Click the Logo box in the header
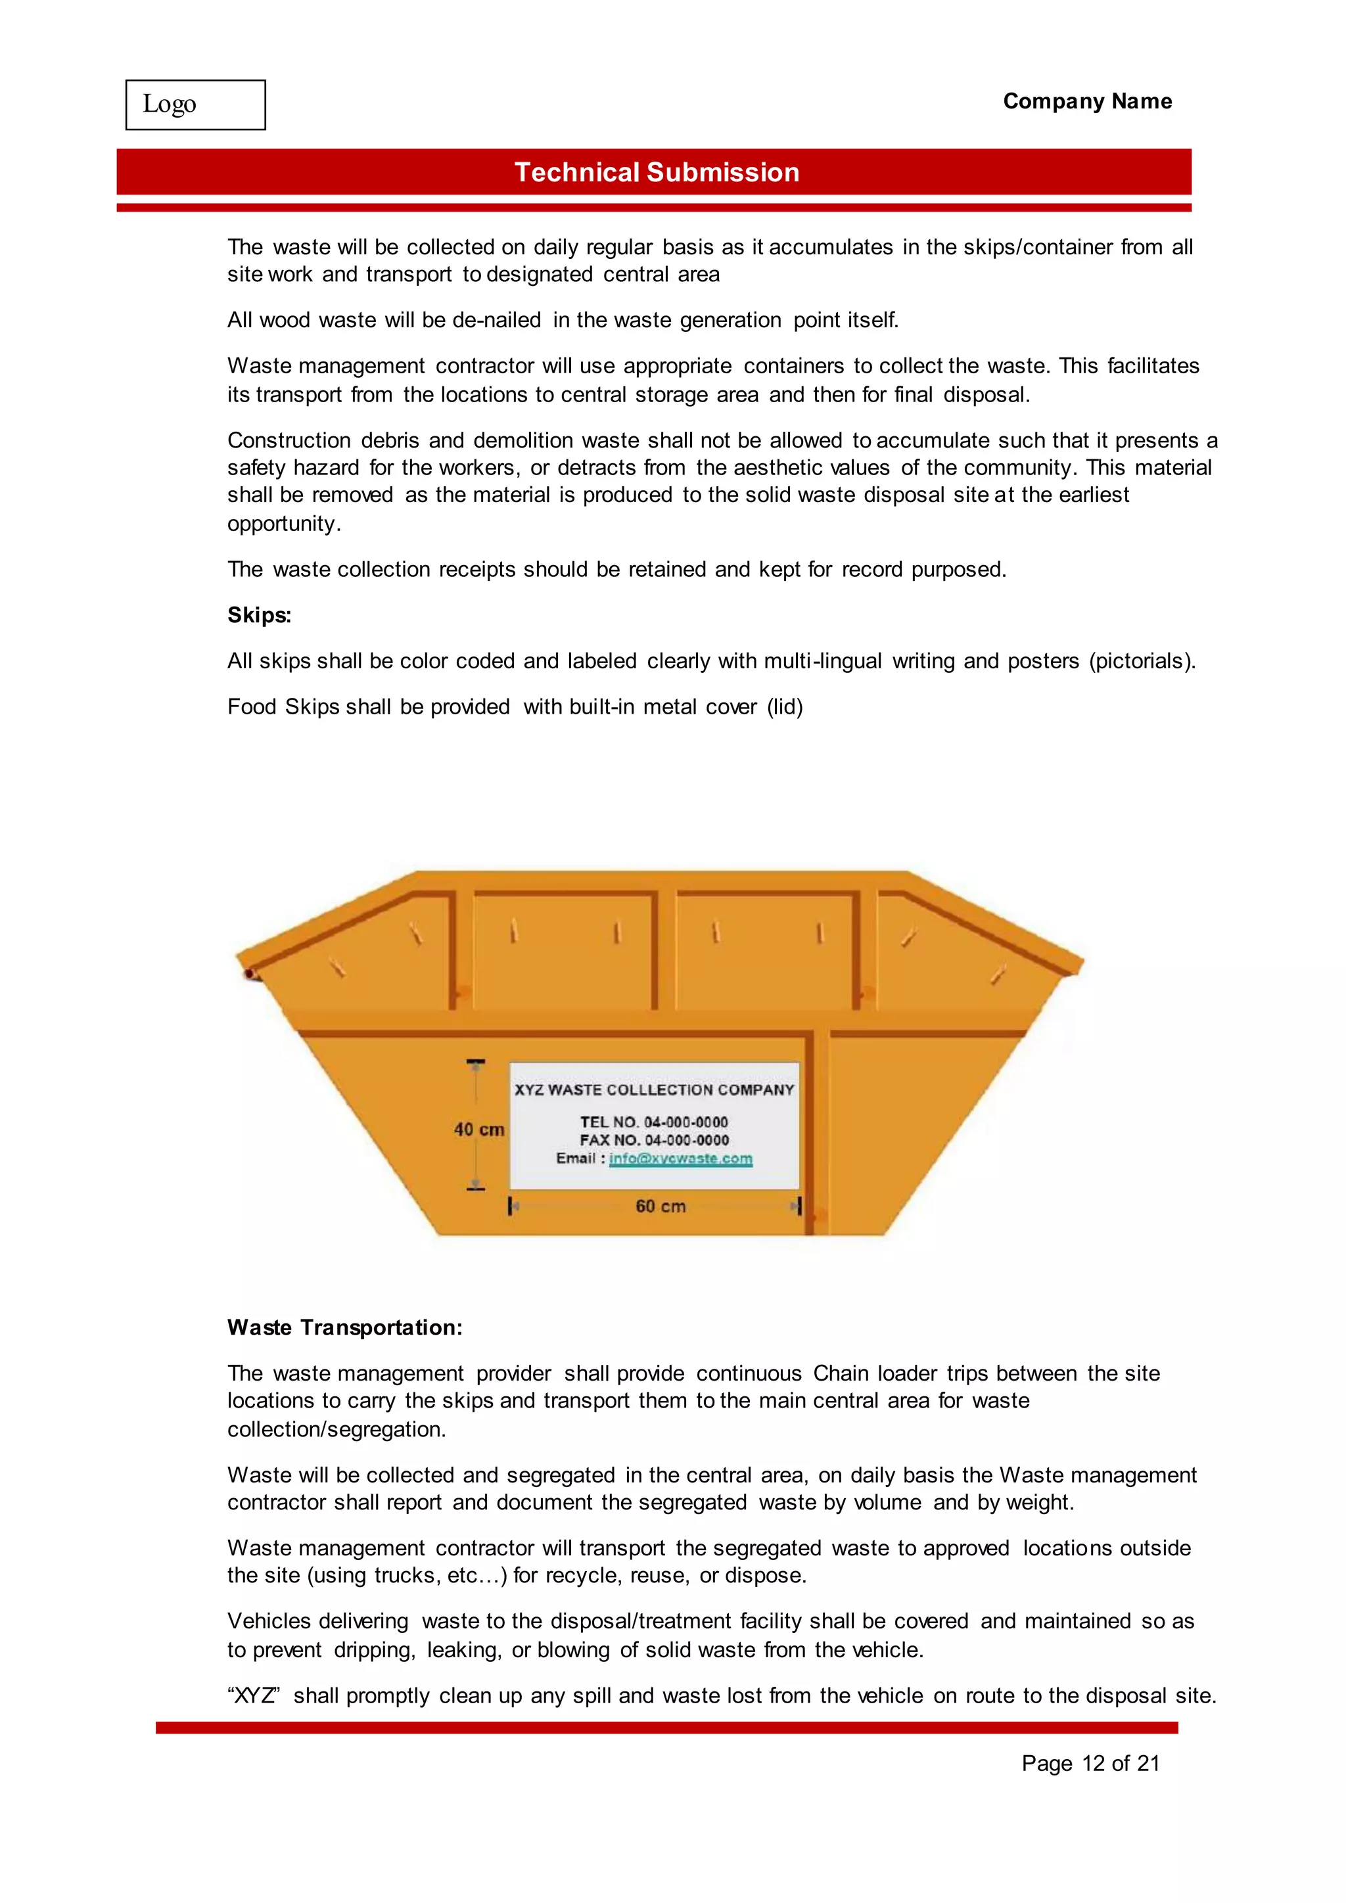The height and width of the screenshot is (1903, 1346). click(x=196, y=104)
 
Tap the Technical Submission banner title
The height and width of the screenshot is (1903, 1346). click(x=657, y=172)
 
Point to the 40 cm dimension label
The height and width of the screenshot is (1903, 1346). click(x=479, y=1129)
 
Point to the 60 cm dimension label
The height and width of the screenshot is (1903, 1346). click(x=661, y=1206)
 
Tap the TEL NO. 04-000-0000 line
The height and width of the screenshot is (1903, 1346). click(x=654, y=1122)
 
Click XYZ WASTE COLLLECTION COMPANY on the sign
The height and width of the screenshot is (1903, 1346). click(x=654, y=1089)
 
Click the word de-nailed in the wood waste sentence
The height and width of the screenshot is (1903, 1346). click(x=496, y=320)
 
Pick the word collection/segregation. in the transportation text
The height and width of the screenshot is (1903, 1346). click(x=336, y=1429)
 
